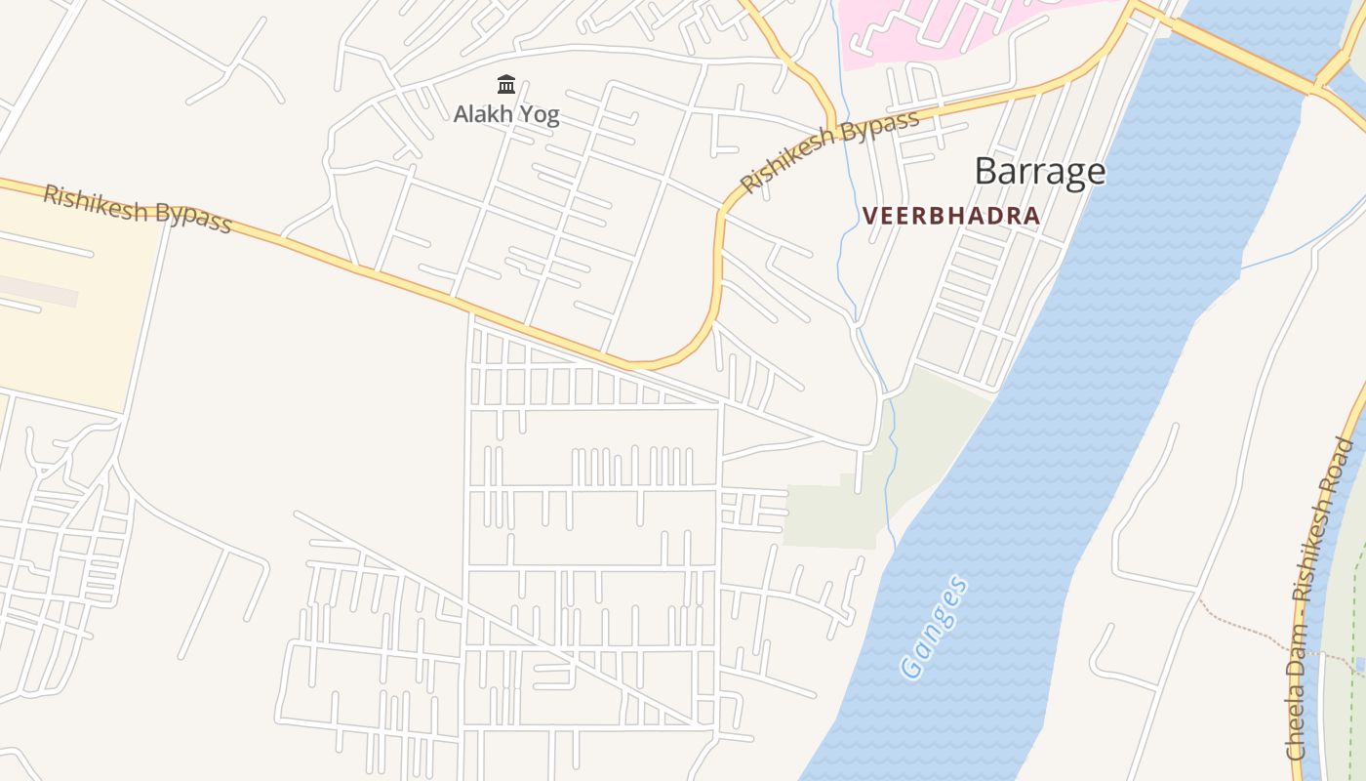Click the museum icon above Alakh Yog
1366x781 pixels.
(x=506, y=85)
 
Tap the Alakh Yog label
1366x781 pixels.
(x=506, y=114)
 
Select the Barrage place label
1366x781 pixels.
(x=1040, y=171)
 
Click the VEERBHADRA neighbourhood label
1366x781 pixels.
(x=951, y=216)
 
